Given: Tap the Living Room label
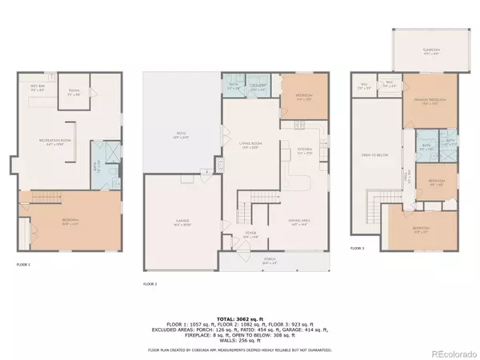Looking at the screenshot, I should click(251, 145).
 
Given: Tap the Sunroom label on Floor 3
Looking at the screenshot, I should click(431, 49).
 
